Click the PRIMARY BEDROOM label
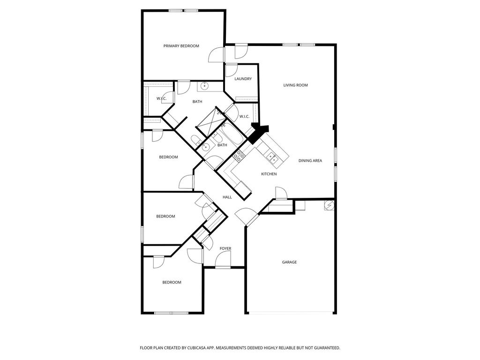click(x=181, y=46)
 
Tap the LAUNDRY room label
click(x=243, y=79)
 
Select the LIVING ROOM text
click(x=295, y=85)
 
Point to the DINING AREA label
click(x=310, y=160)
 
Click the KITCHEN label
click(x=269, y=174)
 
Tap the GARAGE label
click(x=289, y=262)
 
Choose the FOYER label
click(x=225, y=248)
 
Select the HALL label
click(x=227, y=197)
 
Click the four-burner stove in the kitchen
click(x=239, y=156)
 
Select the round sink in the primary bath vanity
click(x=204, y=87)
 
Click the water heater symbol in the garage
click(x=329, y=205)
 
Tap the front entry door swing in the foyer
click(x=223, y=261)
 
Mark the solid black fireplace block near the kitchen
click(x=258, y=134)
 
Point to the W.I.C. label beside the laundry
click(x=244, y=116)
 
